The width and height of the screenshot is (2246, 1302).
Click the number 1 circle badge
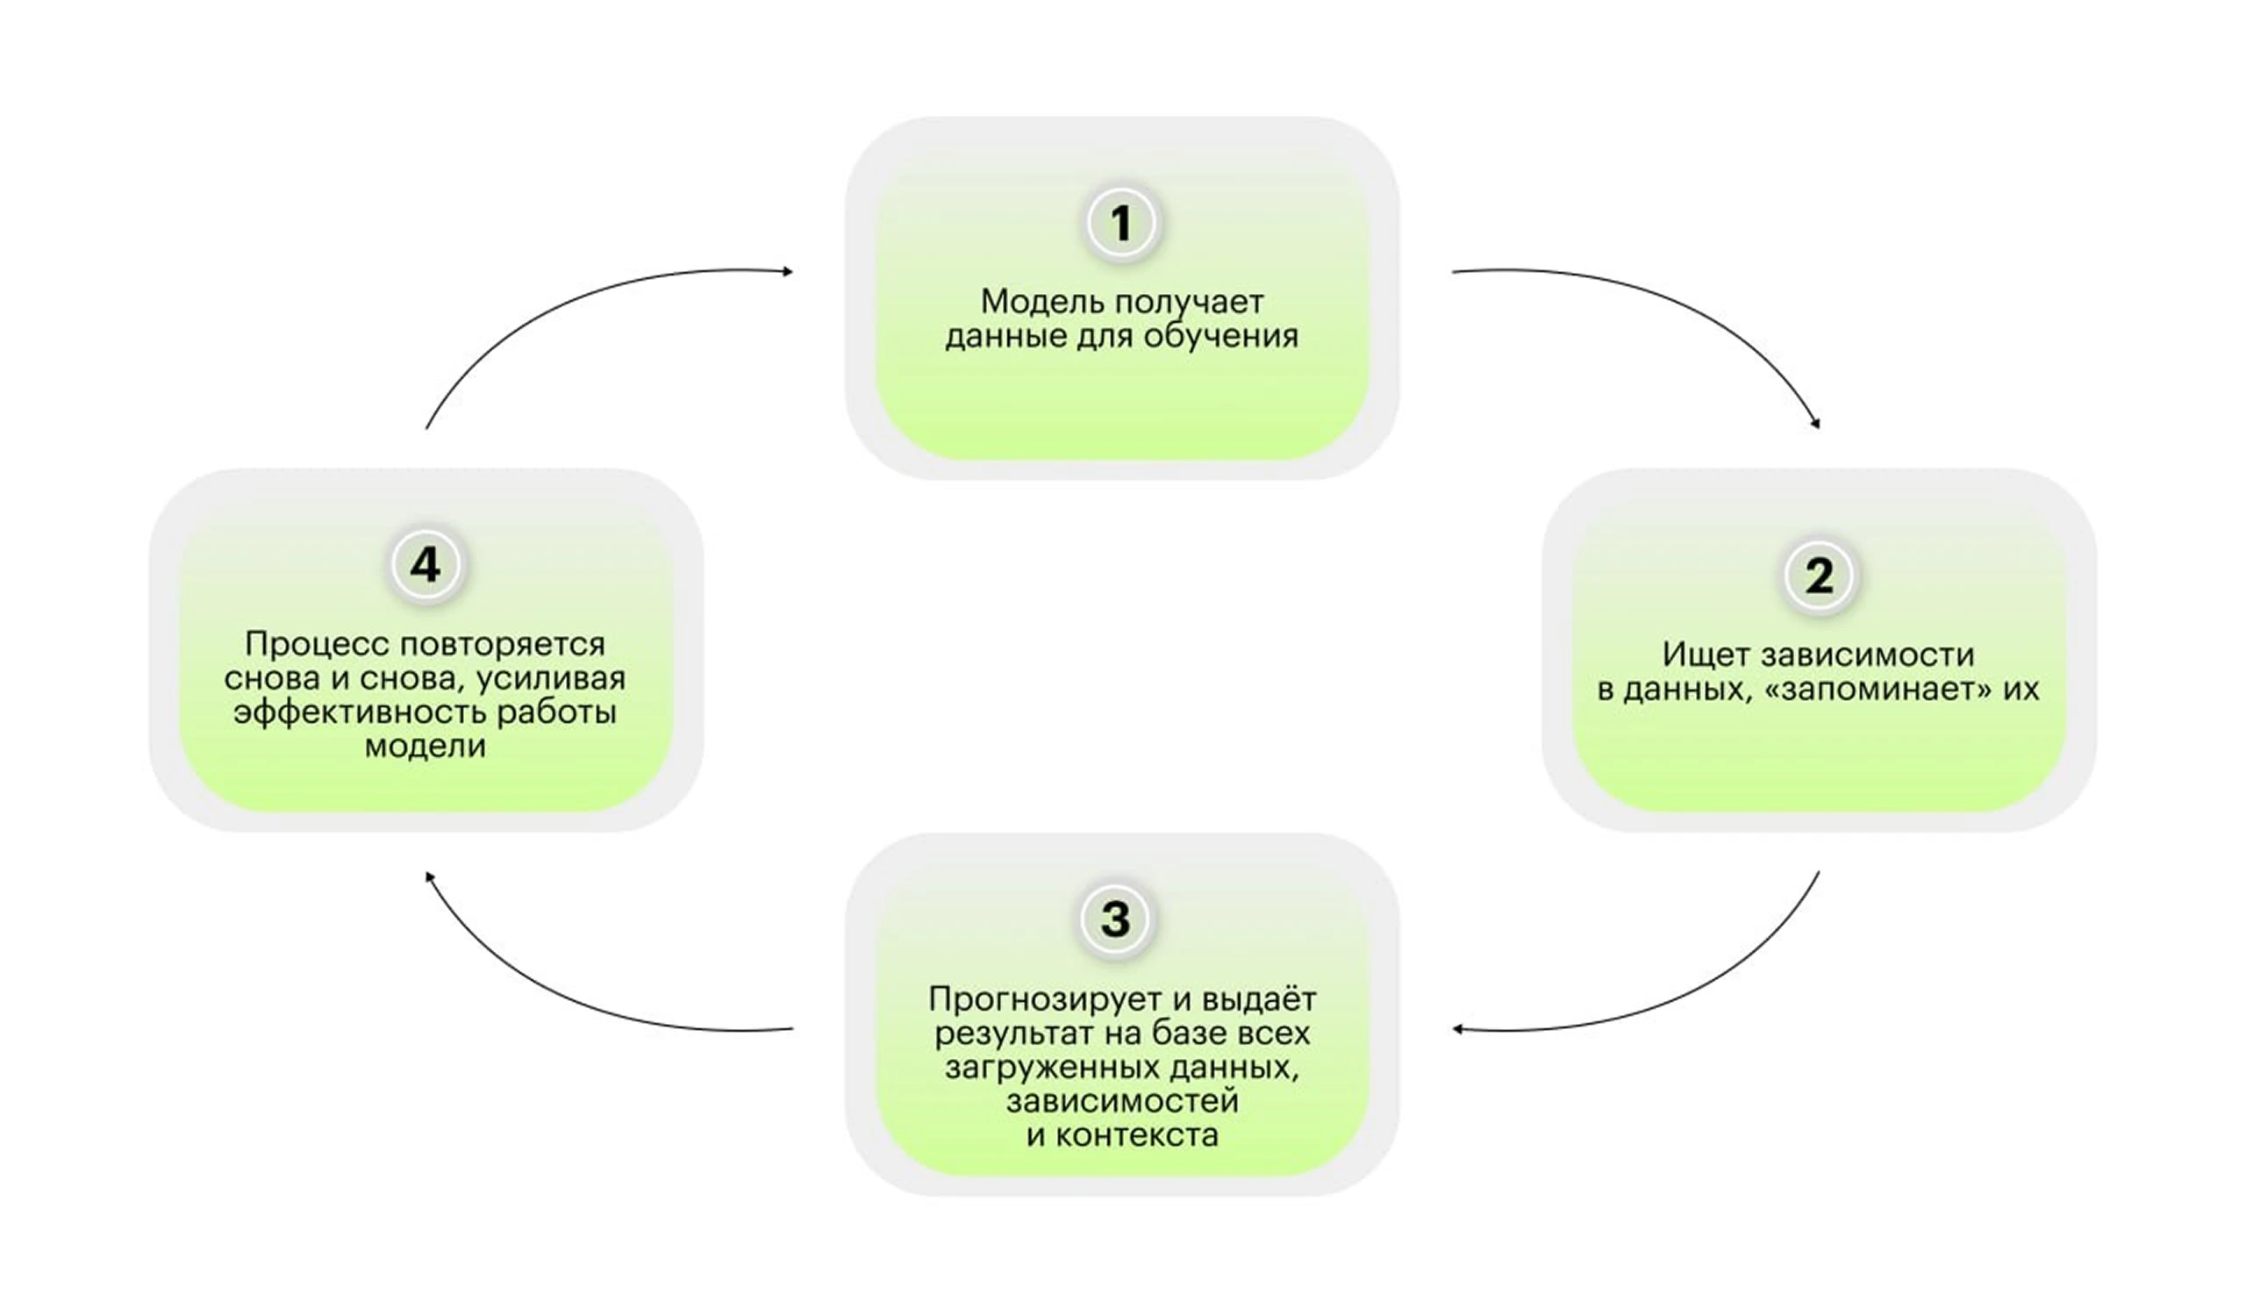point(1122,223)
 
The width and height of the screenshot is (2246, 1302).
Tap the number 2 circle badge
point(1819,576)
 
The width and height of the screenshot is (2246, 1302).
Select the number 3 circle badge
point(1116,919)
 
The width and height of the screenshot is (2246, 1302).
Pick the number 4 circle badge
point(426,565)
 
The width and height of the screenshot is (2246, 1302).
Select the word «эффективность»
point(359,713)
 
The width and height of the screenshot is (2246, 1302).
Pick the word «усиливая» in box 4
point(551,679)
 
